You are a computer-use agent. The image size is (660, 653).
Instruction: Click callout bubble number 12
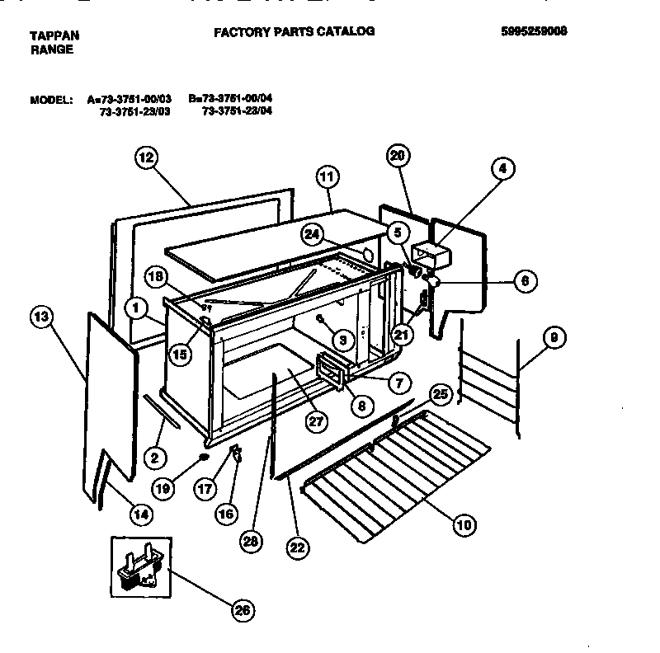click(144, 159)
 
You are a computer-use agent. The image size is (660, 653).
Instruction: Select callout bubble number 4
click(502, 168)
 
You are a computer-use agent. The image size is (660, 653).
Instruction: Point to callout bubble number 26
click(241, 610)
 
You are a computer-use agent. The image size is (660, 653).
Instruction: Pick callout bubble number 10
click(464, 522)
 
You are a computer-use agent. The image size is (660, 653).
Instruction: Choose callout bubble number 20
click(398, 156)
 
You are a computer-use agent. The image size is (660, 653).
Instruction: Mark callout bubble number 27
click(317, 420)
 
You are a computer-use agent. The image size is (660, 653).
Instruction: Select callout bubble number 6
click(523, 281)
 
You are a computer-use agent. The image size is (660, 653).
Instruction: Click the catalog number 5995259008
click(534, 32)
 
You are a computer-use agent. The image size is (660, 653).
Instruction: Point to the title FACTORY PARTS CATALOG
click(295, 32)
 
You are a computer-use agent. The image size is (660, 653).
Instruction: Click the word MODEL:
click(51, 99)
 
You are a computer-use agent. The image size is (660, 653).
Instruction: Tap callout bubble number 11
click(328, 176)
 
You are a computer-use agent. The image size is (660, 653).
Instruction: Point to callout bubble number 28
click(251, 541)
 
